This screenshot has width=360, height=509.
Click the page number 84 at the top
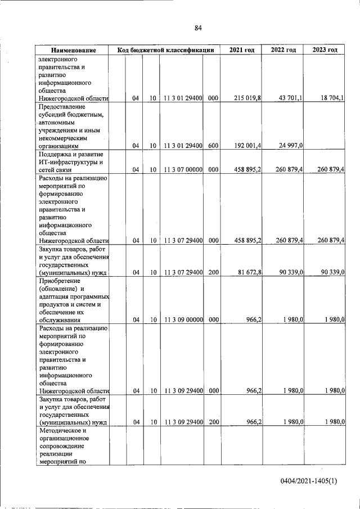[x=198, y=28]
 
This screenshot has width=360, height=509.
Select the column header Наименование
[x=73, y=51]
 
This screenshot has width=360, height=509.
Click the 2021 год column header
[x=241, y=51]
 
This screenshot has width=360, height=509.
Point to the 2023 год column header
[x=325, y=51]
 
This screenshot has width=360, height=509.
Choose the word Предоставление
[x=61, y=106]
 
